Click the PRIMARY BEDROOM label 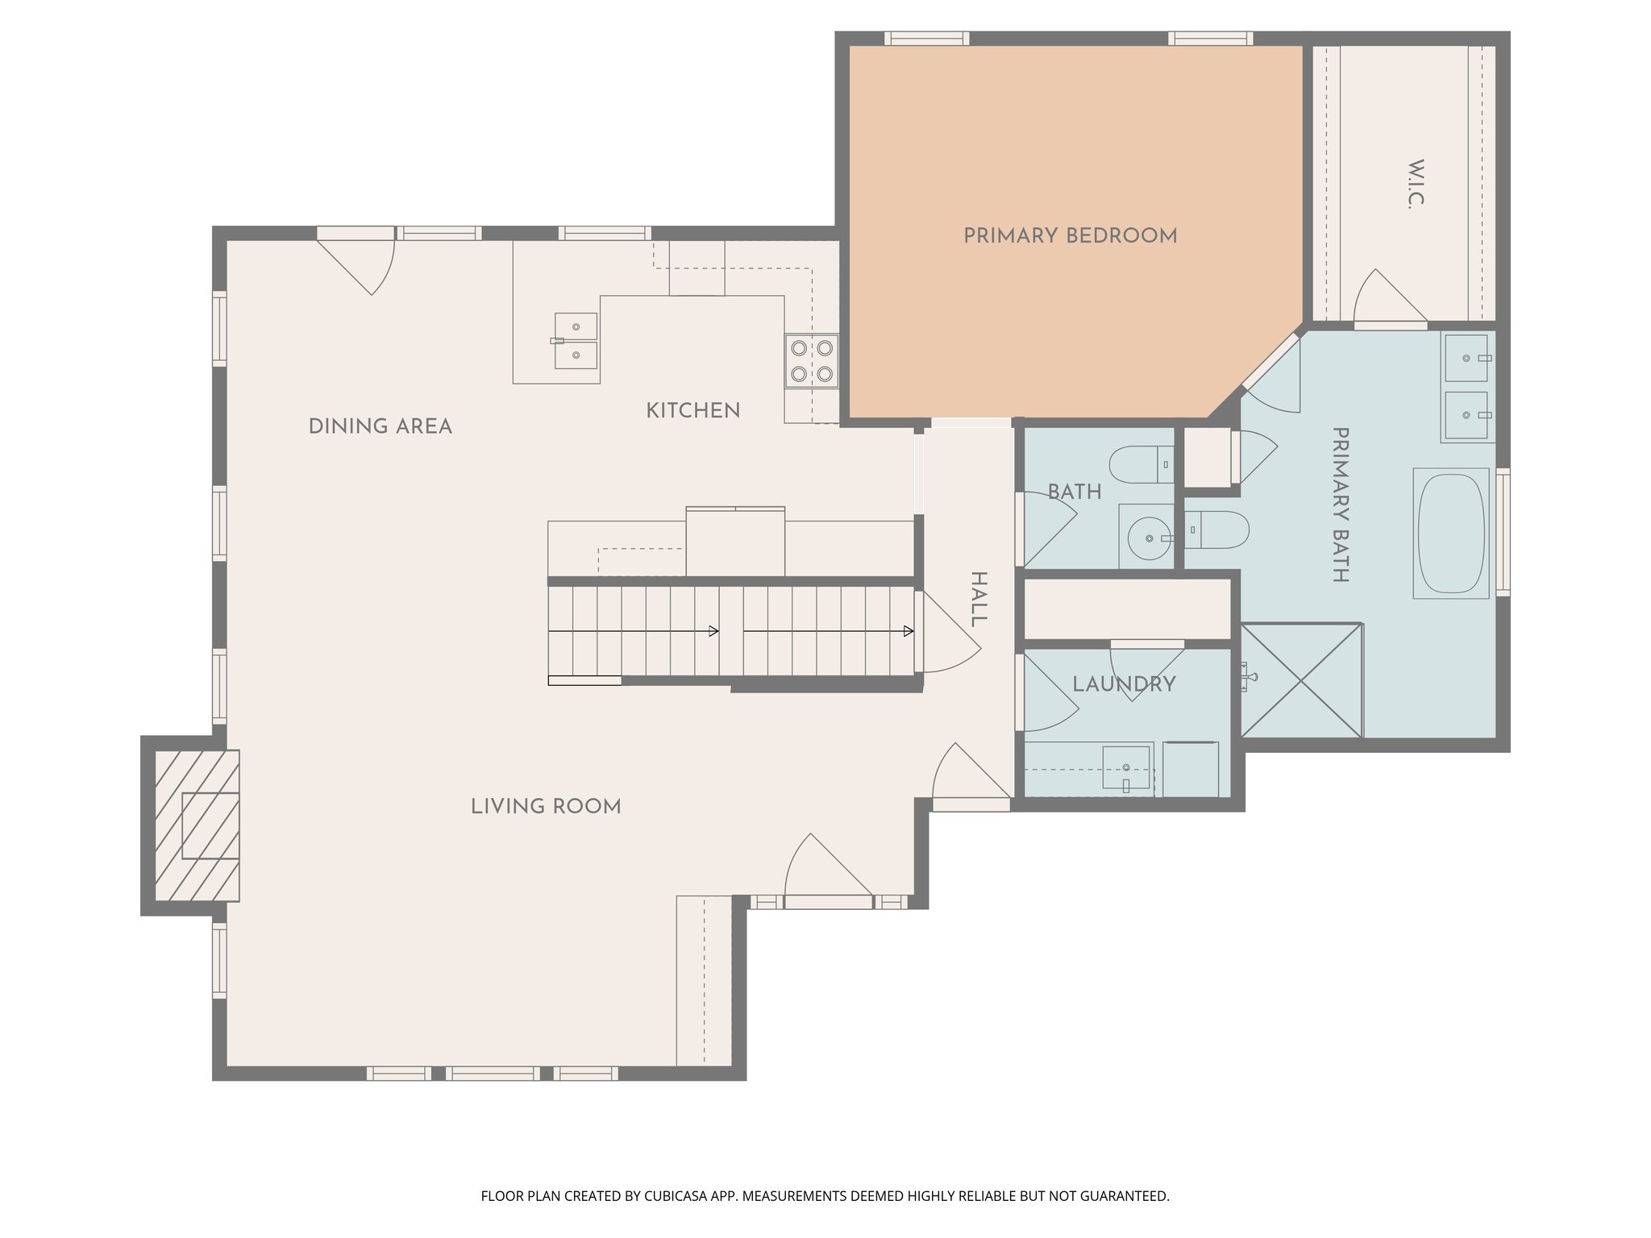[x=1070, y=236]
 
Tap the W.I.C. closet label [x=1415, y=185]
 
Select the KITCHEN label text [x=692, y=411]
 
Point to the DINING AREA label [x=380, y=426]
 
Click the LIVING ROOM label [x=546, y=807]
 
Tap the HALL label [x=978, y=599]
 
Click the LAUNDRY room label [x=1124, y=684]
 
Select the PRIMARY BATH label [x=1340, y=505]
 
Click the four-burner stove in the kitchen [x=812, y=360]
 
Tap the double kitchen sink [x=576, y=341]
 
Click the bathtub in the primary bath [x=1451, y=533]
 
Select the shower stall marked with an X [x=1301, y=680]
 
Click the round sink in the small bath [x=1148, y=538]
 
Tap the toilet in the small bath [x=1140, y=464]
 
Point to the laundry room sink [x=1126, y=767]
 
